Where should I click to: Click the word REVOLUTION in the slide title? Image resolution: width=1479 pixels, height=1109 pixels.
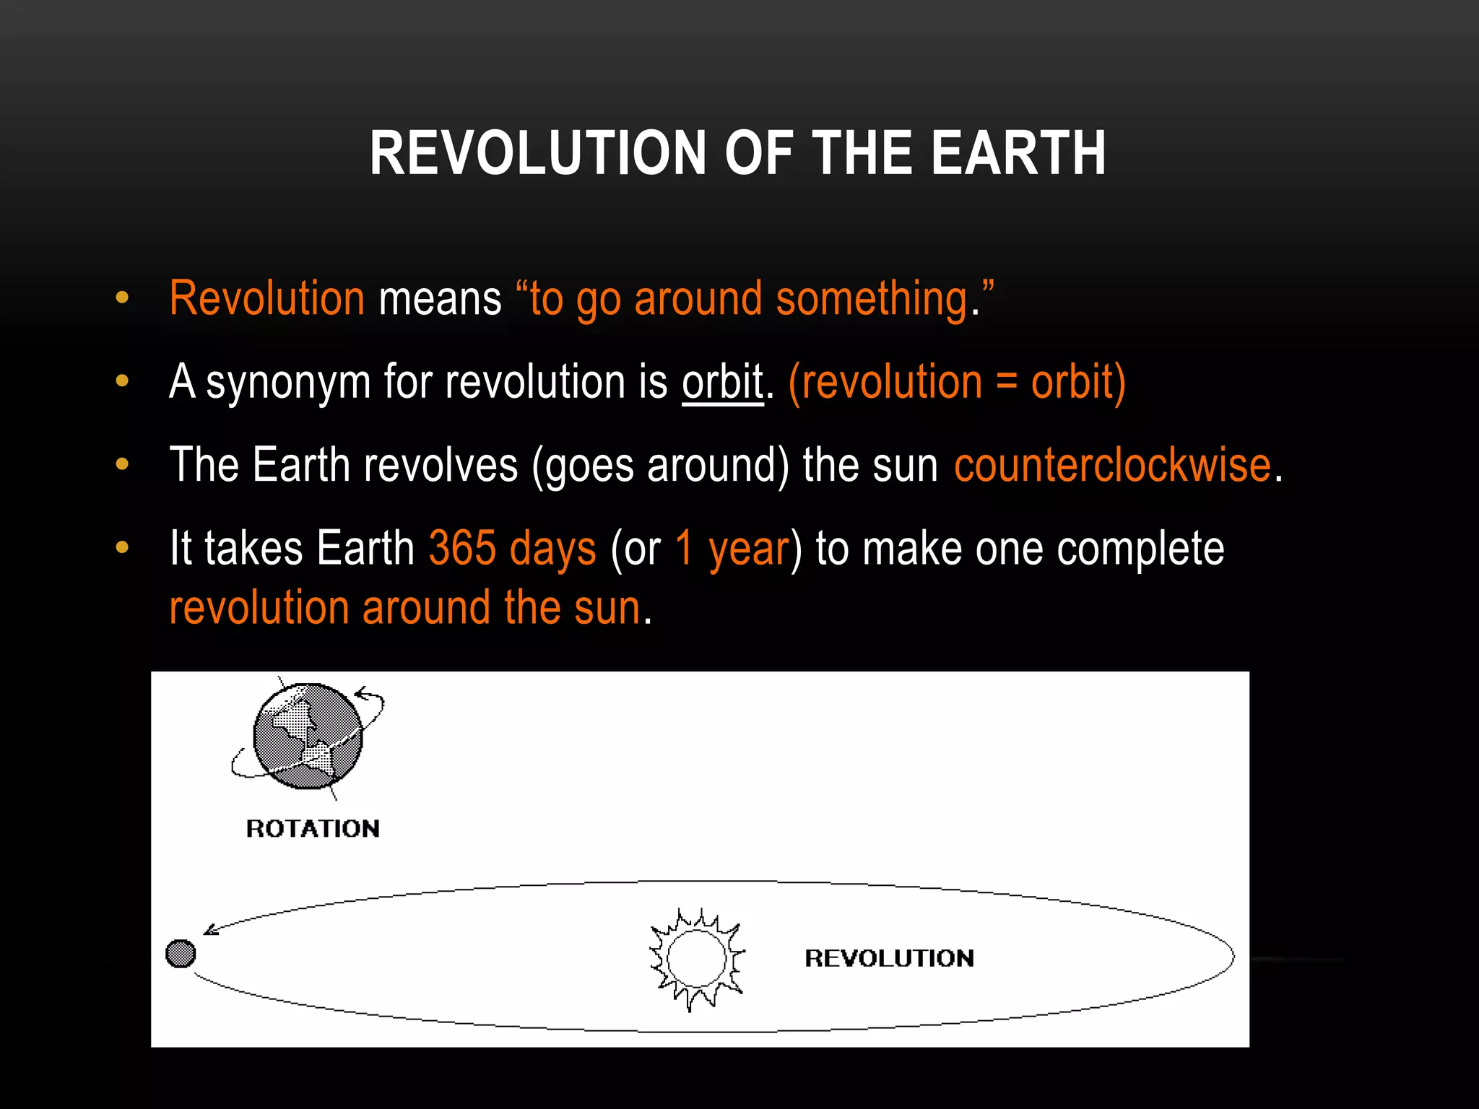537,153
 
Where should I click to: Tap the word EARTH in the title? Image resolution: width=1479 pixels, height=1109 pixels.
1018,153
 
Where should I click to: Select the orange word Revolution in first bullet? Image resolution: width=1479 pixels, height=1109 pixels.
266,298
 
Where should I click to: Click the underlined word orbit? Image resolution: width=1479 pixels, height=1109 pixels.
722,382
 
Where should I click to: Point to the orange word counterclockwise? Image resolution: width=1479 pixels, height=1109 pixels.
1112,465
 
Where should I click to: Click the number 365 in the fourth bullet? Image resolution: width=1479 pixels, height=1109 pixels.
462,548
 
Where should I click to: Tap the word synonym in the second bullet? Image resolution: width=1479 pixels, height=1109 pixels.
288,383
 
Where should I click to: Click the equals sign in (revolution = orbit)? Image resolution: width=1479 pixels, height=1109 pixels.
1006,383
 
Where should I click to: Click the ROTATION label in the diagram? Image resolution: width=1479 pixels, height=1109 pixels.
313,828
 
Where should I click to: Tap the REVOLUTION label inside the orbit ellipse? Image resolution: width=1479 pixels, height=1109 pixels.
889,958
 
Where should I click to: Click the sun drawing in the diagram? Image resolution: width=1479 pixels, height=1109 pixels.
696,959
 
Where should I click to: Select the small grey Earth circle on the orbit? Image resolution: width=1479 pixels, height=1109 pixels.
181,953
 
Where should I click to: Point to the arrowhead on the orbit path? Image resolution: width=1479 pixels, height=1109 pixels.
211,929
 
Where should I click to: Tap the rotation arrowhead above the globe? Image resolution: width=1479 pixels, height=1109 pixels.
360,693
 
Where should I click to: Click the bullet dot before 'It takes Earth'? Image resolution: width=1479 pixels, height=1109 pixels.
122,547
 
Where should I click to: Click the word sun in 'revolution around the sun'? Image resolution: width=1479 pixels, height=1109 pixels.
607,608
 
